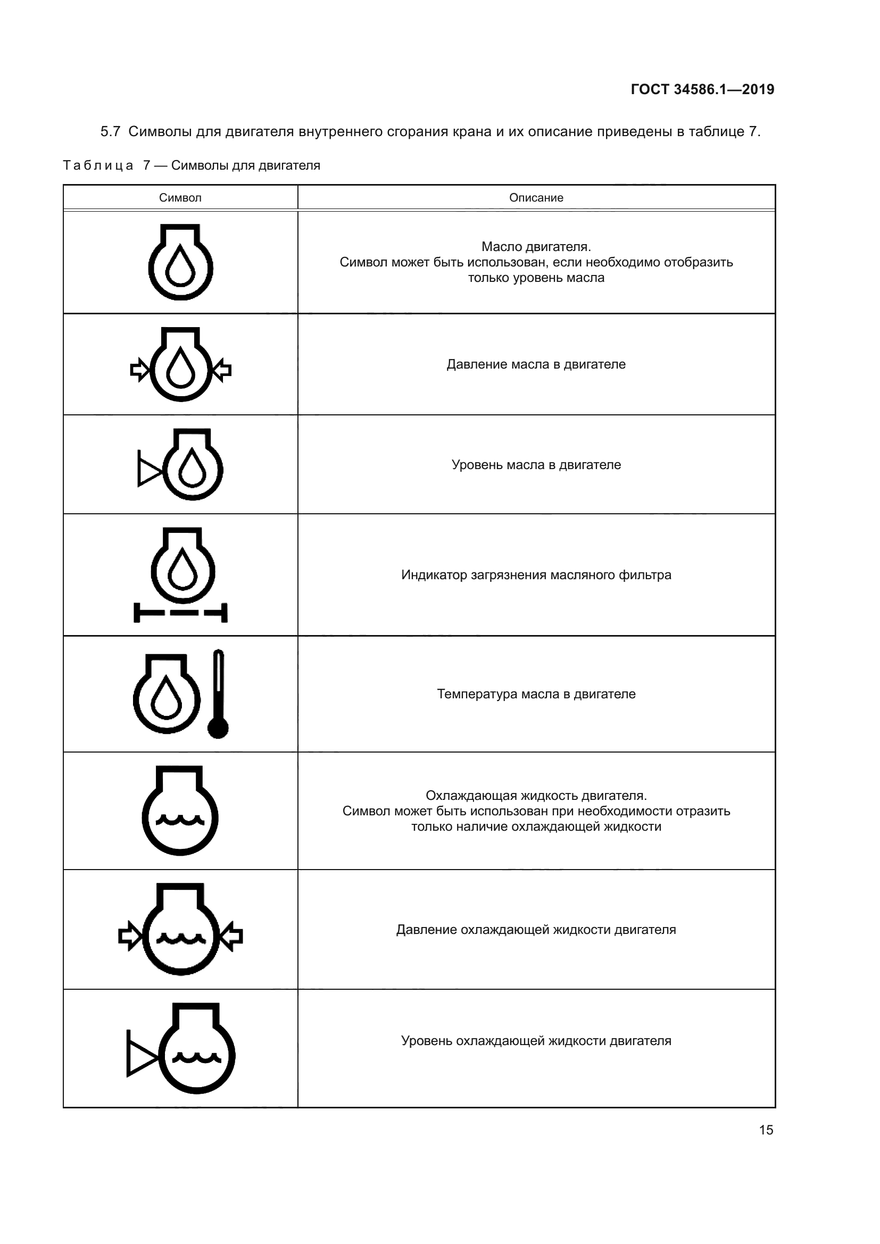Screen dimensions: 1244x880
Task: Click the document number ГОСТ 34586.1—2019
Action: click(702, 89)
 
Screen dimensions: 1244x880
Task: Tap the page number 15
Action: click(766, 1130)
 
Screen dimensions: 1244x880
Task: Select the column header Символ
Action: click(180, 198)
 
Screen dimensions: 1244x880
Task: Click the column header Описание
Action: click(536, 198)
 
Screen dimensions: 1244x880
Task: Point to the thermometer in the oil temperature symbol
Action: click(218, 694)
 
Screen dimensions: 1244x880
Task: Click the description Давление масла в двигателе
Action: click(536, 364)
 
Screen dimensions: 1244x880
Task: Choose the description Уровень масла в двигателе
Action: click(536, 465)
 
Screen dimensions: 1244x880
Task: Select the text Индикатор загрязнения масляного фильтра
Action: click(536, 575)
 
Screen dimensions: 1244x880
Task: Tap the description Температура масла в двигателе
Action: click(536, 694)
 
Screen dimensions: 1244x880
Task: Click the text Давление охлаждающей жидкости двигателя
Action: click(536, 930)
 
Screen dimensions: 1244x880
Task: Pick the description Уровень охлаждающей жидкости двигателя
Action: click(536, 1041)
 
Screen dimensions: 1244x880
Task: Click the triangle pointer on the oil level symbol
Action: click(150, 468)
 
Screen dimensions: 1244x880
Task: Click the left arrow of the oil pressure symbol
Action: click(140, 370)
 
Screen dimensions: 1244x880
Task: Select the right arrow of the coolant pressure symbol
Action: click(231, 936)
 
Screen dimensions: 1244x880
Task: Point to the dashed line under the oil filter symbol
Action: click(180, 613)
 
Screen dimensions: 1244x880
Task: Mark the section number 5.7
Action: click(110, 132)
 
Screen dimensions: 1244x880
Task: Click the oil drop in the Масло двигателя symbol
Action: click(180, 266)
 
